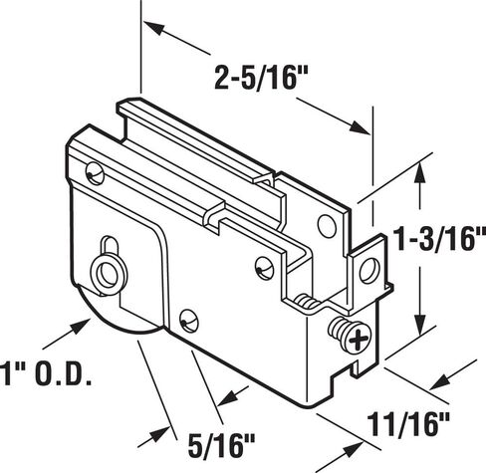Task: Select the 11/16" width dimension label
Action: coord(408,424)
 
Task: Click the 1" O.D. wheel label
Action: coord(46,373)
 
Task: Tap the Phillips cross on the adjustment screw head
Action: coord(359,340)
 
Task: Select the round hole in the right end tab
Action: coord(369,271)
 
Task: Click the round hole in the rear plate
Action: coord(327,225)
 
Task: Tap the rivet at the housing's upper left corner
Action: coord(95,173)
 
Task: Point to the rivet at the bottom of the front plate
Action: coord(189,321)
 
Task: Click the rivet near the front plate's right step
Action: coord(265,268)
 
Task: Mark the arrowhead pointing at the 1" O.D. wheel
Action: coord(81,326)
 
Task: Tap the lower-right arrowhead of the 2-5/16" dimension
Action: coord(360,127)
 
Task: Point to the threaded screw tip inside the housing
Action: coord(308,301)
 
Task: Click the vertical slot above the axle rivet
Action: coord(110,245)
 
